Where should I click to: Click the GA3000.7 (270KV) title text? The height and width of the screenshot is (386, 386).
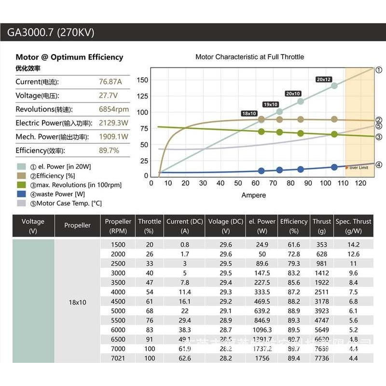[x=51, y=33]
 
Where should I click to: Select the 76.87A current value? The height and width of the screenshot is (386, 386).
[x=110, y=82]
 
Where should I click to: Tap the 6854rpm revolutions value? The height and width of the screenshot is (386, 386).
[x=114, y=109]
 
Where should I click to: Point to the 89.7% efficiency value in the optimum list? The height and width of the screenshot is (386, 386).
[x=109, y=151]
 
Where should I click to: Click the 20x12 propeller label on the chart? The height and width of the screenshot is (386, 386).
[x=324, y=79]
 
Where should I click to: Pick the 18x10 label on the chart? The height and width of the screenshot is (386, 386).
[x=249, y=113]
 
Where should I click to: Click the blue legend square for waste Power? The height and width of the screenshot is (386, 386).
[x=21, y=194]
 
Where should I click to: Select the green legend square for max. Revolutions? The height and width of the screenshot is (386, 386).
[x=21, y=185]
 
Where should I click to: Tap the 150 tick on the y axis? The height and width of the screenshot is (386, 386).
[x=142, y=80]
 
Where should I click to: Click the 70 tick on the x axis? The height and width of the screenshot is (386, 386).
[x=273, y=183]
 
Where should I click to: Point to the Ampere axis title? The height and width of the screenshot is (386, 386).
[x=253, y=195]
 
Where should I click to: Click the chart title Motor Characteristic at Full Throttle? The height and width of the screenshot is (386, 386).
[x=249, y=57]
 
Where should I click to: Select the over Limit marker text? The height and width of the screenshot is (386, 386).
[x=358, y=167]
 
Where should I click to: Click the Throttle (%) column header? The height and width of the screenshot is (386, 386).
[x=150, y=226]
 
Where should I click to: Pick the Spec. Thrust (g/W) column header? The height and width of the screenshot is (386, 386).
[x=354, y=226]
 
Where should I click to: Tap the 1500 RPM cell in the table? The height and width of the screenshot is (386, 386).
[x=118, y=245]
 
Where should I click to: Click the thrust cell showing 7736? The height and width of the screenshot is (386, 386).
[x=321, y=358]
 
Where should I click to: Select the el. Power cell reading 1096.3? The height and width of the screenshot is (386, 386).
[x=262, y=330]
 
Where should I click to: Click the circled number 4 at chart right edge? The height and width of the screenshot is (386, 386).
[x=379, y=165]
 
